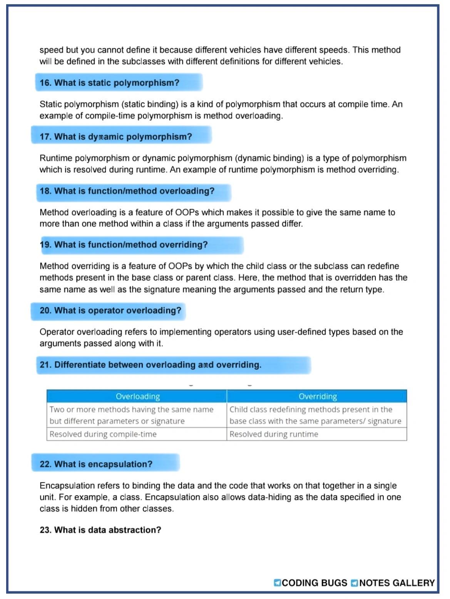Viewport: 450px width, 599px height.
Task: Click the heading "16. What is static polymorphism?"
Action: click(109, 83)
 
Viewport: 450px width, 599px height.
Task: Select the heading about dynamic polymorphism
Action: click(115, 137)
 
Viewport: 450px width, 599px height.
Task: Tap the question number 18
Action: click(45, 191)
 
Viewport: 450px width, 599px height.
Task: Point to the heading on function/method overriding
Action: click(124, 245)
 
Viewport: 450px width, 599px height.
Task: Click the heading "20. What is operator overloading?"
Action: click(110, 310)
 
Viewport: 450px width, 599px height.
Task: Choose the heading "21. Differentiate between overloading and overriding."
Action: click(150, 365)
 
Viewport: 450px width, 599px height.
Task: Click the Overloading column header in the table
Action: click(137, 396)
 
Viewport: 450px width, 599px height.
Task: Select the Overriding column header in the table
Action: click(317, 396)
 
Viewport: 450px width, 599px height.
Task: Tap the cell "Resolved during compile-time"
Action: click(103, 434)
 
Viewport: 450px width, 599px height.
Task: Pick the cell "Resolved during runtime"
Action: click(274, 434)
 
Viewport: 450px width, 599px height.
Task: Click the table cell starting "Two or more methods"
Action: click(131, 415)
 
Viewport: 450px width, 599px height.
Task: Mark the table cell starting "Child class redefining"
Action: click(315, 415)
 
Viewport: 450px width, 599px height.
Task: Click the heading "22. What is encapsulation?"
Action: click(96, 464)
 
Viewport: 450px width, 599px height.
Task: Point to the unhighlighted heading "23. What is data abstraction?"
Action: click(100, 530)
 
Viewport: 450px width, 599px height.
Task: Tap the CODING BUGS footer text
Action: click(314, 583)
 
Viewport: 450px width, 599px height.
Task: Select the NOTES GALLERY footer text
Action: click(397, 583)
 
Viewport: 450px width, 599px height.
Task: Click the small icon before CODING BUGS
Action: click(277, 583)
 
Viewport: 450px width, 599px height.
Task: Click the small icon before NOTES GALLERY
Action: click(354, 583)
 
